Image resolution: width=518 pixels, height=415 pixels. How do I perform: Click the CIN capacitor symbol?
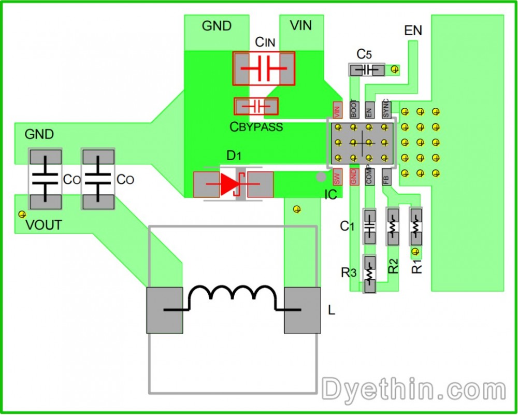pos(264,68)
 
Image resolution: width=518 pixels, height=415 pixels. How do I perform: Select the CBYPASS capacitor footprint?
pos(256,106)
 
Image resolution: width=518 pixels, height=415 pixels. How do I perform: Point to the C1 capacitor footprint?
pos(369,226)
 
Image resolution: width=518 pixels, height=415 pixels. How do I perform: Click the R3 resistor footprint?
pos(369,274)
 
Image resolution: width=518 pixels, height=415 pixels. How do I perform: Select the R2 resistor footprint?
pos(393,226)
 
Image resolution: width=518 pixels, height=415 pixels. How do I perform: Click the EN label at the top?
pos(413,31)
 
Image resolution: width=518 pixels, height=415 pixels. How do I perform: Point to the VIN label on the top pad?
pos(301,25)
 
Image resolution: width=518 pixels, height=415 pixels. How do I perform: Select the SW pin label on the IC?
pos(337,177)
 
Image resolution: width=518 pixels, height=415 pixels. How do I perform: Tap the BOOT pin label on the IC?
pos(354,109)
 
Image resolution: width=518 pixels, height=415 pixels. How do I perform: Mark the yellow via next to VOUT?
pos(22,214)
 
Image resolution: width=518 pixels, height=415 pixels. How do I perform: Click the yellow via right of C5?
pos(395,69)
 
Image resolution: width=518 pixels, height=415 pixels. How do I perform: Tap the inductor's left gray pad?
pos(165,310)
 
